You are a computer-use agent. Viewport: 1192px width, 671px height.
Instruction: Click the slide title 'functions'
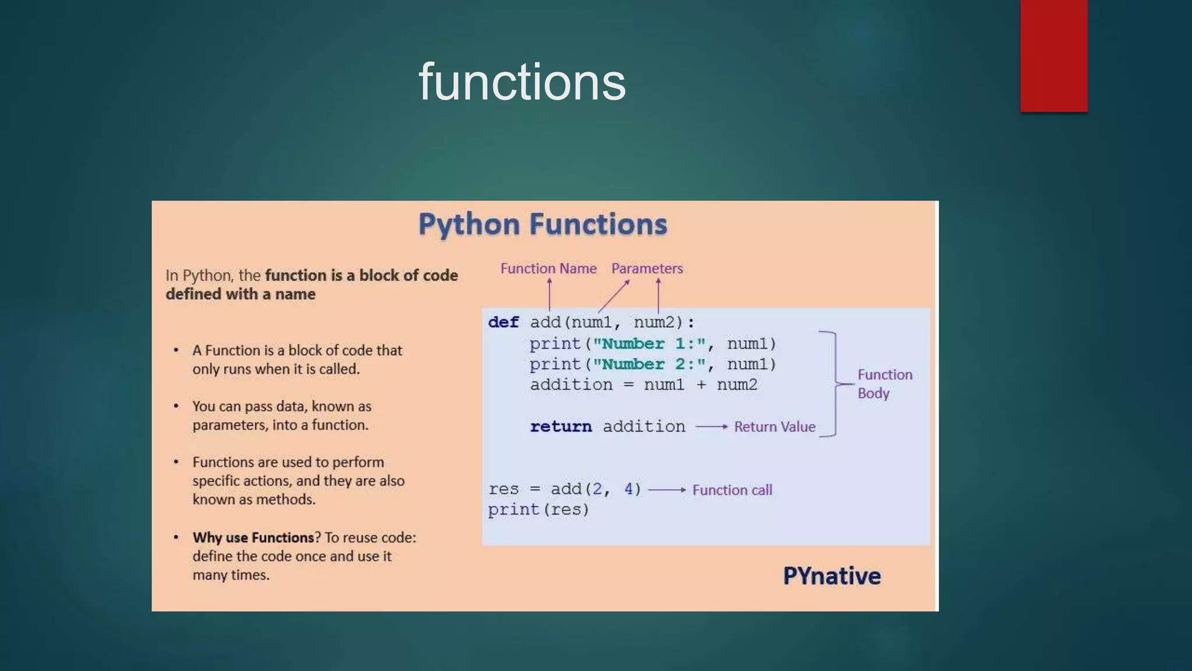(x=522, y=82)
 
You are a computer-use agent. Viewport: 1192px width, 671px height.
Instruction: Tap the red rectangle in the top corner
(x=1053, y=55)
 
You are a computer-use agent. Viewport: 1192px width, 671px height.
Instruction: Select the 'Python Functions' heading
(x=542, y=224)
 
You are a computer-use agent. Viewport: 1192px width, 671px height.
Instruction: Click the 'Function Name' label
(x=548, y=269)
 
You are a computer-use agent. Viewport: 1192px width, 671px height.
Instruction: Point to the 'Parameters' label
(x=647, y=269)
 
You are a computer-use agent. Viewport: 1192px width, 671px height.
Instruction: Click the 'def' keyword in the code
(x=503, y=322)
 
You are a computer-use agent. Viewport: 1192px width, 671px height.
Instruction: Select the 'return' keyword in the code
(x=560, y=426)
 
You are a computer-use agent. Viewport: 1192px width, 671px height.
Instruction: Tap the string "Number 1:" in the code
(x=649, y=344)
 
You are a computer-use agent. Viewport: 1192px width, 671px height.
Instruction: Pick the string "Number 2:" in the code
(x=649, y=364)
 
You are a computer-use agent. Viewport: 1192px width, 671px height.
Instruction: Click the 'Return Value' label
(x=774, y=427)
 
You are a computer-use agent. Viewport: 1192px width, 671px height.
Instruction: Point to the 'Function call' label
(x=732, y=490)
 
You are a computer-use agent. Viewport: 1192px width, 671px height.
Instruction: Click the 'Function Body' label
(x=884, y=384)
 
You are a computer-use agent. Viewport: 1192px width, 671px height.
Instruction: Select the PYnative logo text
(x=831, y=576)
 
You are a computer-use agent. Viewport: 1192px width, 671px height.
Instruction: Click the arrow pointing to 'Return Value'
(x=711, y=427)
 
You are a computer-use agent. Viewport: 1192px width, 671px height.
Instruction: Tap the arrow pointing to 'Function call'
(x=667, y=490)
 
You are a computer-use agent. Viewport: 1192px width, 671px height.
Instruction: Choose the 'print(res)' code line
(x=538, y=510)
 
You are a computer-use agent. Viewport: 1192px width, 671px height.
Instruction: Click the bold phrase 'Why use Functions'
(x=253, y=538)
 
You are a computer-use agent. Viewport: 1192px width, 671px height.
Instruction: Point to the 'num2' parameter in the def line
(x=654, y=322)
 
